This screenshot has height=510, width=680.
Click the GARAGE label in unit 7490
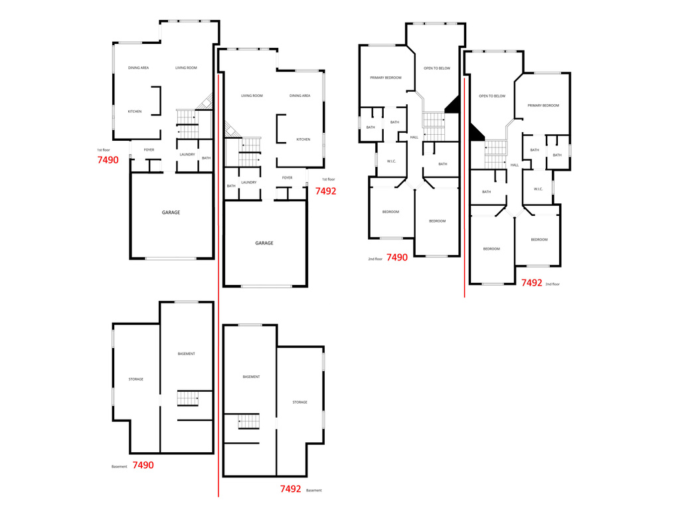(171, 212)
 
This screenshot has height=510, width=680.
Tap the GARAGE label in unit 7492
(264, 243)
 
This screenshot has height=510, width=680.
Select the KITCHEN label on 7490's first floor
(135, 112)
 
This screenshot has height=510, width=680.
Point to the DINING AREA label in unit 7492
(299, 96)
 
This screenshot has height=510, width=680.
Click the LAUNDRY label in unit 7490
(187, 155)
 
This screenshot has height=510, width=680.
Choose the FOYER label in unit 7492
(287, 178)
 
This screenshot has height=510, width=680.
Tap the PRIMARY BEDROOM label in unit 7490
(385, 78)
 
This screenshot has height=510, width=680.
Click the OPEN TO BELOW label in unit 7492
(492, 96)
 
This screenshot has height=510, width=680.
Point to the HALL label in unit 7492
(515, 165)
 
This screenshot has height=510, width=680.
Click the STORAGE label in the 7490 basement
(136, 379)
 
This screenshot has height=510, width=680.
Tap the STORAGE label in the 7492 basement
(300, 402)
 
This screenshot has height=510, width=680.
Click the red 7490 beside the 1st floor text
(108, 160)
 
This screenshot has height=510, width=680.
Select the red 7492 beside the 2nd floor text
(531, 282)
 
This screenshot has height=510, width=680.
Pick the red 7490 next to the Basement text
(143, 466)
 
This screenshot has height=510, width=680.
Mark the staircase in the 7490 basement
(188, 398)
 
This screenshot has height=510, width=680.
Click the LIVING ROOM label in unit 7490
(186, 68)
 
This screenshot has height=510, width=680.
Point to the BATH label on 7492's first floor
(231, 186)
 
